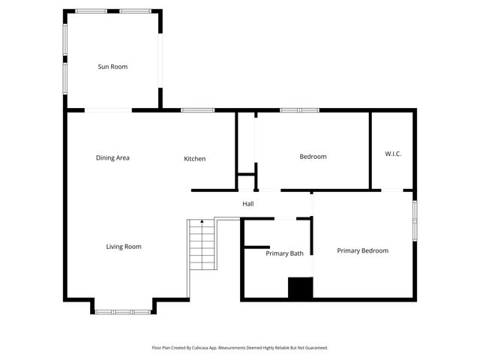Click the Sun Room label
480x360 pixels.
click(x=112, y=67)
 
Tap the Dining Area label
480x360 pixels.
click(x=112, y=157)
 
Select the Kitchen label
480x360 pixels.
click(x=195, y=158)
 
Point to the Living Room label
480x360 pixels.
click(x=124, y=246)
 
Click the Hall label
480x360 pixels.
click(x=247, y=203)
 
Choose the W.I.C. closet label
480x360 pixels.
click(x=393, y=154)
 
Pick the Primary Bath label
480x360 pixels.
click(x=284, y=253)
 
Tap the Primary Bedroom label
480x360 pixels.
click(x=362, y=250)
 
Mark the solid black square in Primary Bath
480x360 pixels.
click(x=300, y=289)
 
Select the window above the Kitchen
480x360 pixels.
click(x=198, y=110)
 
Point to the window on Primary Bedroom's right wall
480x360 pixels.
click(x=414, y=220)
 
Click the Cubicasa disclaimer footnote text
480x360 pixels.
click(x=240, y=347)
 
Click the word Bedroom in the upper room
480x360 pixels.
click(x=313, y=157)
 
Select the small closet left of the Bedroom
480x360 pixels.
click(x=246, y=181)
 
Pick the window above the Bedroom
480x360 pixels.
click(x=300, y=110)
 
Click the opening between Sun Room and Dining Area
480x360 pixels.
click(x=108, y=110)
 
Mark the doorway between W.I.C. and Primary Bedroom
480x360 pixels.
click(x=392, y=190)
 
